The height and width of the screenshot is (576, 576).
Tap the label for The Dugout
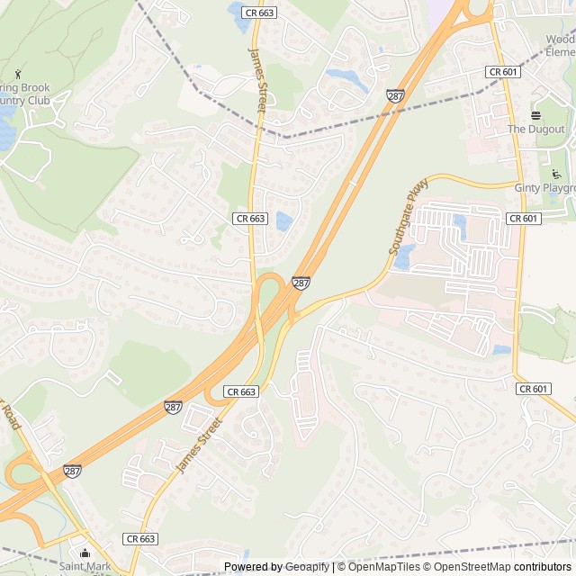pyautogui.click(x=535, y=130)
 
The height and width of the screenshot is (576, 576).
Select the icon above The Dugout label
pyautogui.click(x=535, y=115)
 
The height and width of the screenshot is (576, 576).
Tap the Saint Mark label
pyautogui.click(x=85, y=567)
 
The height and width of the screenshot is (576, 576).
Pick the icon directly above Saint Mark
pyautogui.click(x=85, y=553)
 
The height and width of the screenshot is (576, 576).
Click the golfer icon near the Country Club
pyautogui.click(x=17, y=73)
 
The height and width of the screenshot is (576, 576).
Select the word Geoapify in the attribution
pyautogui.click(x=307, y=567)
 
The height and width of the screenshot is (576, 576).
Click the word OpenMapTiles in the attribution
pyautogui.click(x=378, y=567)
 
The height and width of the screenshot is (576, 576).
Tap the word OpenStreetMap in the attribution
pyautogui.click(x=468, y=567)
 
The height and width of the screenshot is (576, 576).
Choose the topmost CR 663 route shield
pyautogui.click(x=259, y=13)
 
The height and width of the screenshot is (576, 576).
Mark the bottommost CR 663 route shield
pyautogui.click(x=141, y=538)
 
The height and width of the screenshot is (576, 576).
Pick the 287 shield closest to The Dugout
pyautogui.click(x=395, y=94)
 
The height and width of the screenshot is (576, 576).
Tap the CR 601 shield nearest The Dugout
pyautogui.click(x=502, y=71)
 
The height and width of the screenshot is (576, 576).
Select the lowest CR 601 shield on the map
pyautogui.click(x=534, y=389)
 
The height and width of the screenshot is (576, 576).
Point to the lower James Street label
pyautogui.click(x=198, y=445)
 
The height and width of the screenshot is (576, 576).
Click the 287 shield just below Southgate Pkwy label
pyautogui.click(x=301, y=283)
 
